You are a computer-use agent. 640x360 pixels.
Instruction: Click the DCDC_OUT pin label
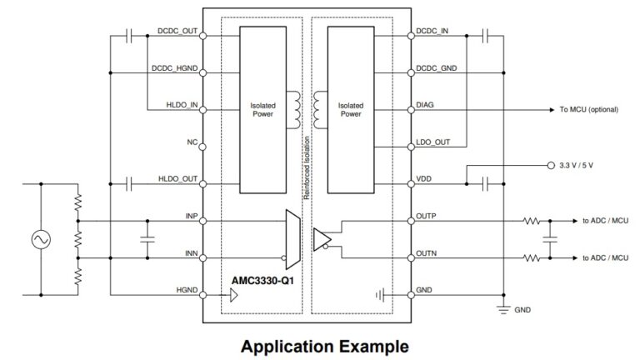pyautogui.click(x=177, y=32)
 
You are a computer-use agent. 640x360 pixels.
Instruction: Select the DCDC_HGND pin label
pyautogui.click(x=174, y=68)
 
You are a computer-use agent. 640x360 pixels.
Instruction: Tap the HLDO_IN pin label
pyautogui.click(x=182, y=105)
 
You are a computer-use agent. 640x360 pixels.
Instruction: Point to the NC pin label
pyautogui.click(x=191, y=142)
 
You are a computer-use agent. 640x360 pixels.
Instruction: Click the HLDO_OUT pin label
pyautogui.click(x=178, y=178)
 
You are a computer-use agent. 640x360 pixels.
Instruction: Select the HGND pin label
pyautogui.click(x=187, y=291)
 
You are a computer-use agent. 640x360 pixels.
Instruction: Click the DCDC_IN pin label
pyautogui.click(x=431, y=32)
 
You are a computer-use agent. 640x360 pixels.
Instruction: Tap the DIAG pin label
pyautogui.click(x=425, y=105)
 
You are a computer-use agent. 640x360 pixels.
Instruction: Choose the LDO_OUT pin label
pyautogui.click(x=432, y=142)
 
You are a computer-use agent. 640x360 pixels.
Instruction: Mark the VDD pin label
pyautogui.click(x=423, y=178)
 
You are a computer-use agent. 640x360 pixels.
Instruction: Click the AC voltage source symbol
pyautogui.click(x=39, y=239)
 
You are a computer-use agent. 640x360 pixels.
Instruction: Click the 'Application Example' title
pyautogui.click(x=325, y=344)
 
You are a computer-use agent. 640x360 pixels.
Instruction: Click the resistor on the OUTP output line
pyautogui.click(x=529, y=222)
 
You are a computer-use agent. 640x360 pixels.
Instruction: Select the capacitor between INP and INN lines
pyautogui.click(x=147, y=239)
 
